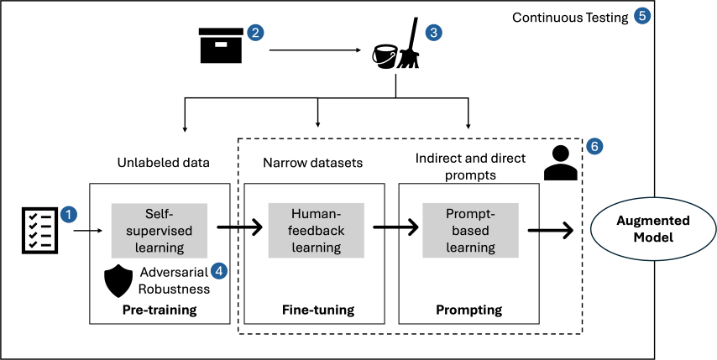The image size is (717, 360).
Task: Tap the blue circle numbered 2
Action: (255, 33)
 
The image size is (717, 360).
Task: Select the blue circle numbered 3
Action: (433, 33)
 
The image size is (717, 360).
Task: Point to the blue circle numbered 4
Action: (218, 270)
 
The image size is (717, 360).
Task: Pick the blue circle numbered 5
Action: (642, 16)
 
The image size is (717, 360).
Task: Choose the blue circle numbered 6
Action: (594, 146)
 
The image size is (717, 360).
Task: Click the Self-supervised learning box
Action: (160, 231)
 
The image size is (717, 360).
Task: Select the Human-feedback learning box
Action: (316, 231)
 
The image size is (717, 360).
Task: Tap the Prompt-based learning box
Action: (470, 231)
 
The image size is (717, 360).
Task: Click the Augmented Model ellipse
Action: (652, 229)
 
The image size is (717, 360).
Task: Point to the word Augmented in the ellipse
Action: (652, 221)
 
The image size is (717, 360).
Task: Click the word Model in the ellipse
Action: (652, 237)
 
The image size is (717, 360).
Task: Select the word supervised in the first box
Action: (160, 231)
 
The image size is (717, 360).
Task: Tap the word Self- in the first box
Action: (160, 214)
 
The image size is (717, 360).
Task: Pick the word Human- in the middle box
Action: (316, 214)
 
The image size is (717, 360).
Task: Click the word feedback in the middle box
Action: (316, 231)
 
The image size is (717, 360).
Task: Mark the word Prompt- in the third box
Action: (470, 214)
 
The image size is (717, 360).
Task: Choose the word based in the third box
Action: (470, 231)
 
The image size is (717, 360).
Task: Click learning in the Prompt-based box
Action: (470, 248)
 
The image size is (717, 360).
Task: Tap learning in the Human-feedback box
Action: (316, 248)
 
